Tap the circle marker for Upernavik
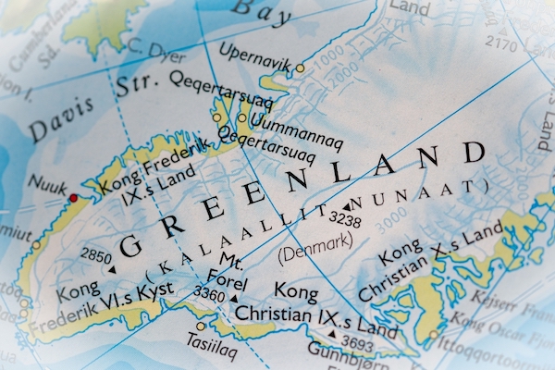coord(300,68)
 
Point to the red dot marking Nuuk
coord(74,198)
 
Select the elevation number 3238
coord(345,220)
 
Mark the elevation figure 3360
coord(210,294)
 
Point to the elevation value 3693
coord(357,344)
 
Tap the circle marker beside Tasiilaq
coord(201,327)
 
